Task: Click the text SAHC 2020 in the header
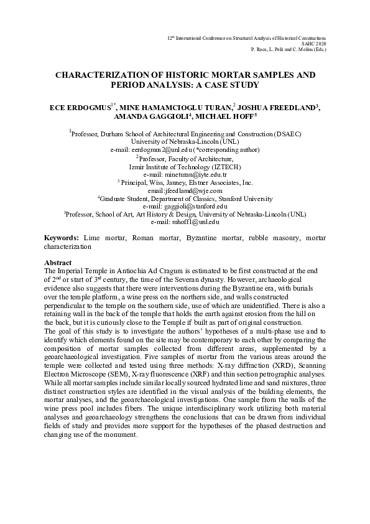[x=315, y=44]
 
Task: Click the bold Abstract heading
[x=59, y=263]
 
